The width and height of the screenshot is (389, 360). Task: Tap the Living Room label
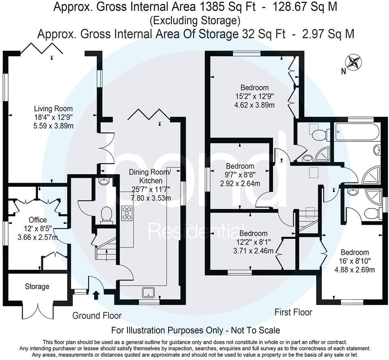(53, 109)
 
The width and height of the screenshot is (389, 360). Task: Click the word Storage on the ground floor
(37, 286)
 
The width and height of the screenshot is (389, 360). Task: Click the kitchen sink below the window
(146, 292)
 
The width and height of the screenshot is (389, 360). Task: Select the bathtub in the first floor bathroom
(356, 132)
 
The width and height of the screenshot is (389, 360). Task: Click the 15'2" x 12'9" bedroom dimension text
(254, 97)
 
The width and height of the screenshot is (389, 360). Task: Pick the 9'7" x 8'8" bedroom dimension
(240, 175)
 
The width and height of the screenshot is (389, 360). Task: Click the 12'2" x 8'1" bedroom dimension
(254, 242)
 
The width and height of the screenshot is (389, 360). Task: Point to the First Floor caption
(293, 312)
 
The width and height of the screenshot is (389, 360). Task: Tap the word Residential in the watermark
(193, 232)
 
